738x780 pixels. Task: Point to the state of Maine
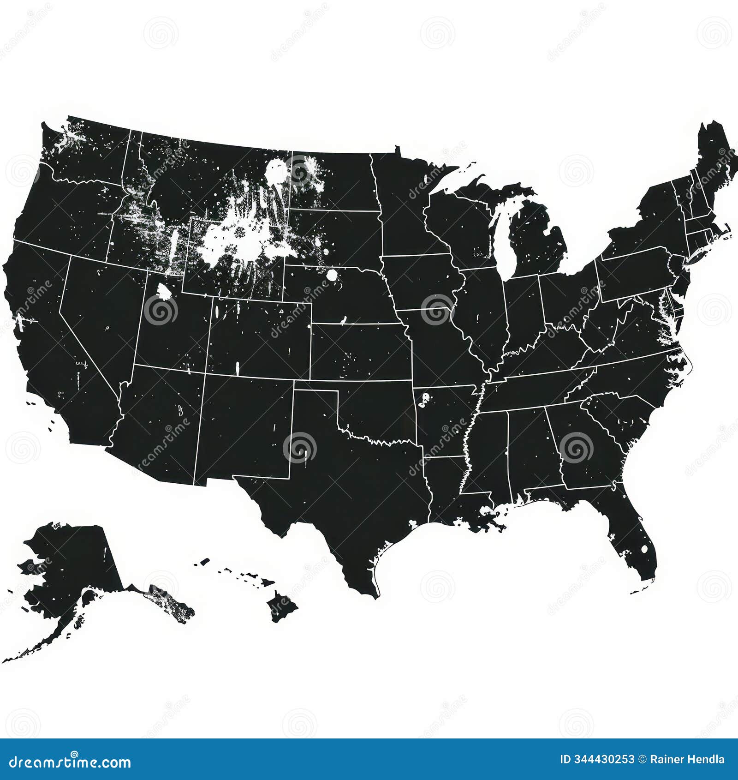point(713,157)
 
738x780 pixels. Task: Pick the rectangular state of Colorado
point(258,337)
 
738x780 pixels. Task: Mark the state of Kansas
point(360,351)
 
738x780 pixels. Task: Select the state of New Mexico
point(244,425)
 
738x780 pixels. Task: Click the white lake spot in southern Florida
point(644,549)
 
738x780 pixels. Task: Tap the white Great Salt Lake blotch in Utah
point(163,291)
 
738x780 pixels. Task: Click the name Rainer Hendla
point(687,759)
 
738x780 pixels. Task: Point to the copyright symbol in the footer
point(642,759)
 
